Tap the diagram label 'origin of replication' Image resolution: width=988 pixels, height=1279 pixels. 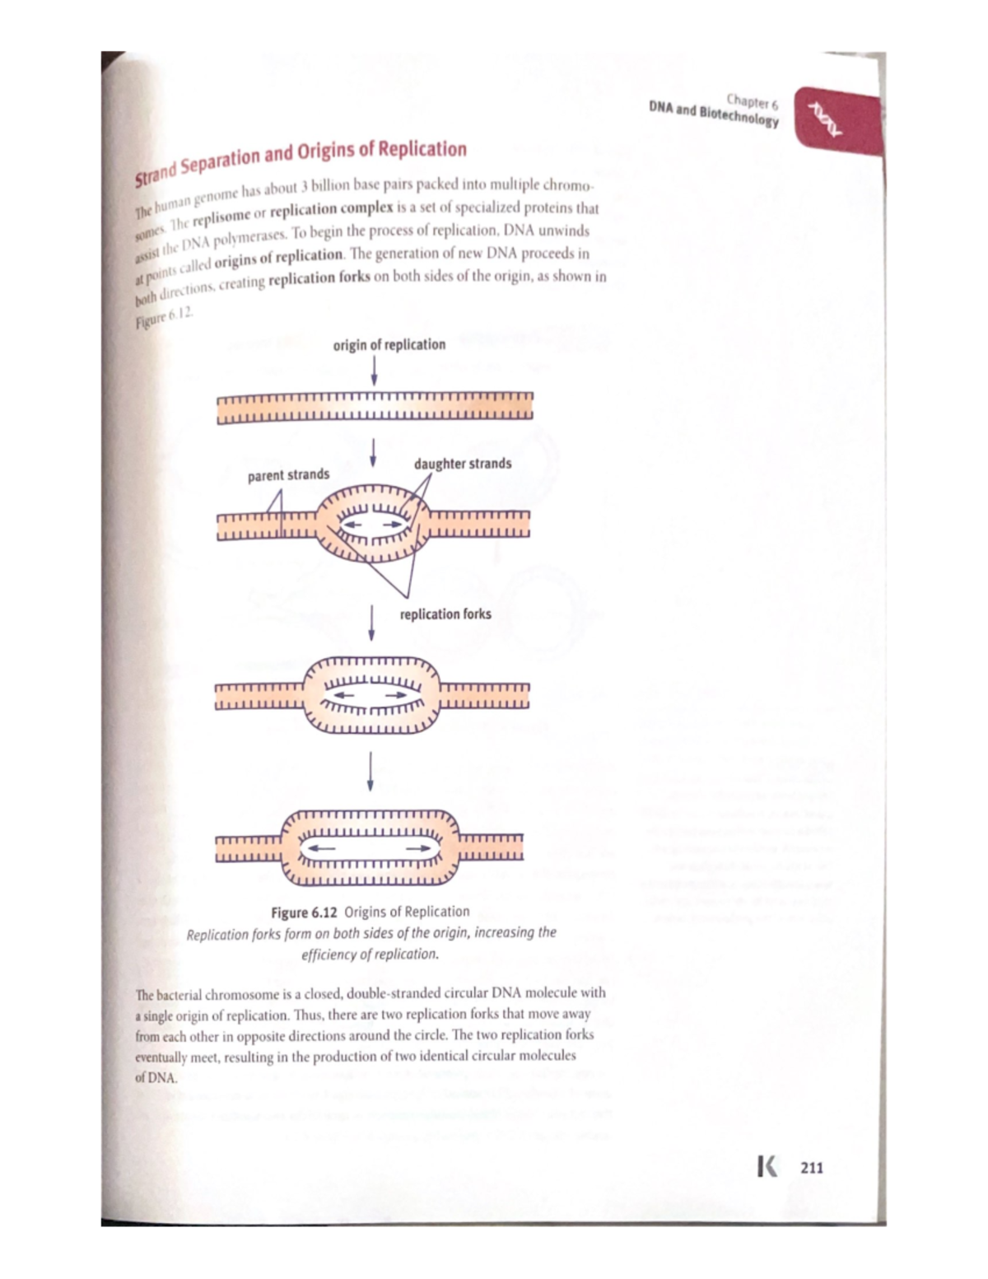point(389,345)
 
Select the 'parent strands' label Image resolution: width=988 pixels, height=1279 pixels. point(288,475)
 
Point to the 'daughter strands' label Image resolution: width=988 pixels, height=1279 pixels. point(463,464)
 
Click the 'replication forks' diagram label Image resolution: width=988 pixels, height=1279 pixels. point(445,614)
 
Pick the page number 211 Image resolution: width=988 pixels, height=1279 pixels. point(811,1167)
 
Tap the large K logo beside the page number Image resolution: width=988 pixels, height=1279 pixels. point(767,1167)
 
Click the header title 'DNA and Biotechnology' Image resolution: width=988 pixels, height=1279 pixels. point(713,114)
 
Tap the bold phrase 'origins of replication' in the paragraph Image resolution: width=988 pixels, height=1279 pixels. point(278,256)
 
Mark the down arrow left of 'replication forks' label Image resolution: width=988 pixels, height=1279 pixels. point(372,623)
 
